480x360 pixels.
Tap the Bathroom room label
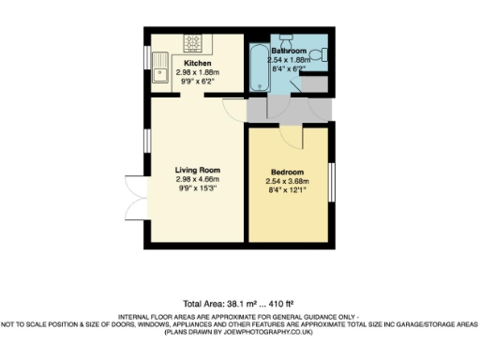pos(289,50)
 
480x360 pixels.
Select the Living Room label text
pos(197,170)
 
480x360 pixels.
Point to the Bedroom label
pos(288,172)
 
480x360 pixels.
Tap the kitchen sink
pos(162,71)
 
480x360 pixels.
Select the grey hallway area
pos(286,110)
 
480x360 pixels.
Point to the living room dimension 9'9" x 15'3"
pos(197,187)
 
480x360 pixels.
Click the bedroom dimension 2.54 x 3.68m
pos(288,182)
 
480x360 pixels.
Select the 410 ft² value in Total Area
pos(278,304)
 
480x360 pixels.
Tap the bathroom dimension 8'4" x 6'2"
pos(289,67)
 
